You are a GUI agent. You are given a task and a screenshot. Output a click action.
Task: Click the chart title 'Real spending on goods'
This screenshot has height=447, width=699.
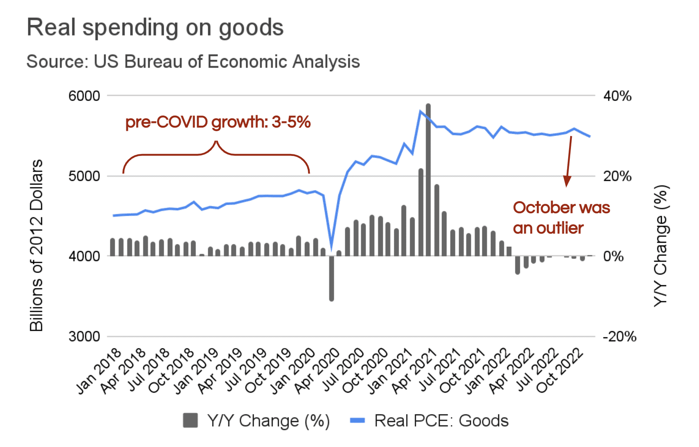[155, 28]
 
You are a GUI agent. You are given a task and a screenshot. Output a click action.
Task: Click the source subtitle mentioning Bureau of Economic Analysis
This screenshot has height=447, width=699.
[193, 62]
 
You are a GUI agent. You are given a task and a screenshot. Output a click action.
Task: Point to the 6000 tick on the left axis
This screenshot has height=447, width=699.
[84, 96]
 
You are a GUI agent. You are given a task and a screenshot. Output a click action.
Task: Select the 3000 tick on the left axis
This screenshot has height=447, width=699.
[84, 337]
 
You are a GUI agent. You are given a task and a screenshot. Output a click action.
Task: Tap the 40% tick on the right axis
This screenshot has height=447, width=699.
[617, 96]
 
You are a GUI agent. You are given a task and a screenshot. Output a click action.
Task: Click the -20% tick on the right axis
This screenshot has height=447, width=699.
[619, 337]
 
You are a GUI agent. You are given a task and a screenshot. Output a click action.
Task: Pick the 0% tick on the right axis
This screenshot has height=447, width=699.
[613, 256]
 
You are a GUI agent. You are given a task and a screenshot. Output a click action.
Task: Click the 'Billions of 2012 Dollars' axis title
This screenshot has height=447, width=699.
[36, 245]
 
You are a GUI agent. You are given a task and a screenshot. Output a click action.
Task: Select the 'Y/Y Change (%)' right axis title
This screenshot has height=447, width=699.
[661, 245]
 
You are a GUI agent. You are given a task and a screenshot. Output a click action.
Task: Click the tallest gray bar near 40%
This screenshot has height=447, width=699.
[428, 181]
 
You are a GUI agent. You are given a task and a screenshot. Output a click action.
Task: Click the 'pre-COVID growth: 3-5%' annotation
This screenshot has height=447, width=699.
[218, 122]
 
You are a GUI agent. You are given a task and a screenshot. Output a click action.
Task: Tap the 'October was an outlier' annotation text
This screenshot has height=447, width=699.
[561, 218]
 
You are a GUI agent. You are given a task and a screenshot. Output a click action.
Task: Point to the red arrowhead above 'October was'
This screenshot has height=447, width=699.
[567, 181]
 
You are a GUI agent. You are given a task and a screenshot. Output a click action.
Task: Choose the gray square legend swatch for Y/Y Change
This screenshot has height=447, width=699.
[190, 421]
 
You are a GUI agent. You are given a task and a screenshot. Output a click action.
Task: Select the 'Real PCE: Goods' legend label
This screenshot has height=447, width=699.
[441, 421]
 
